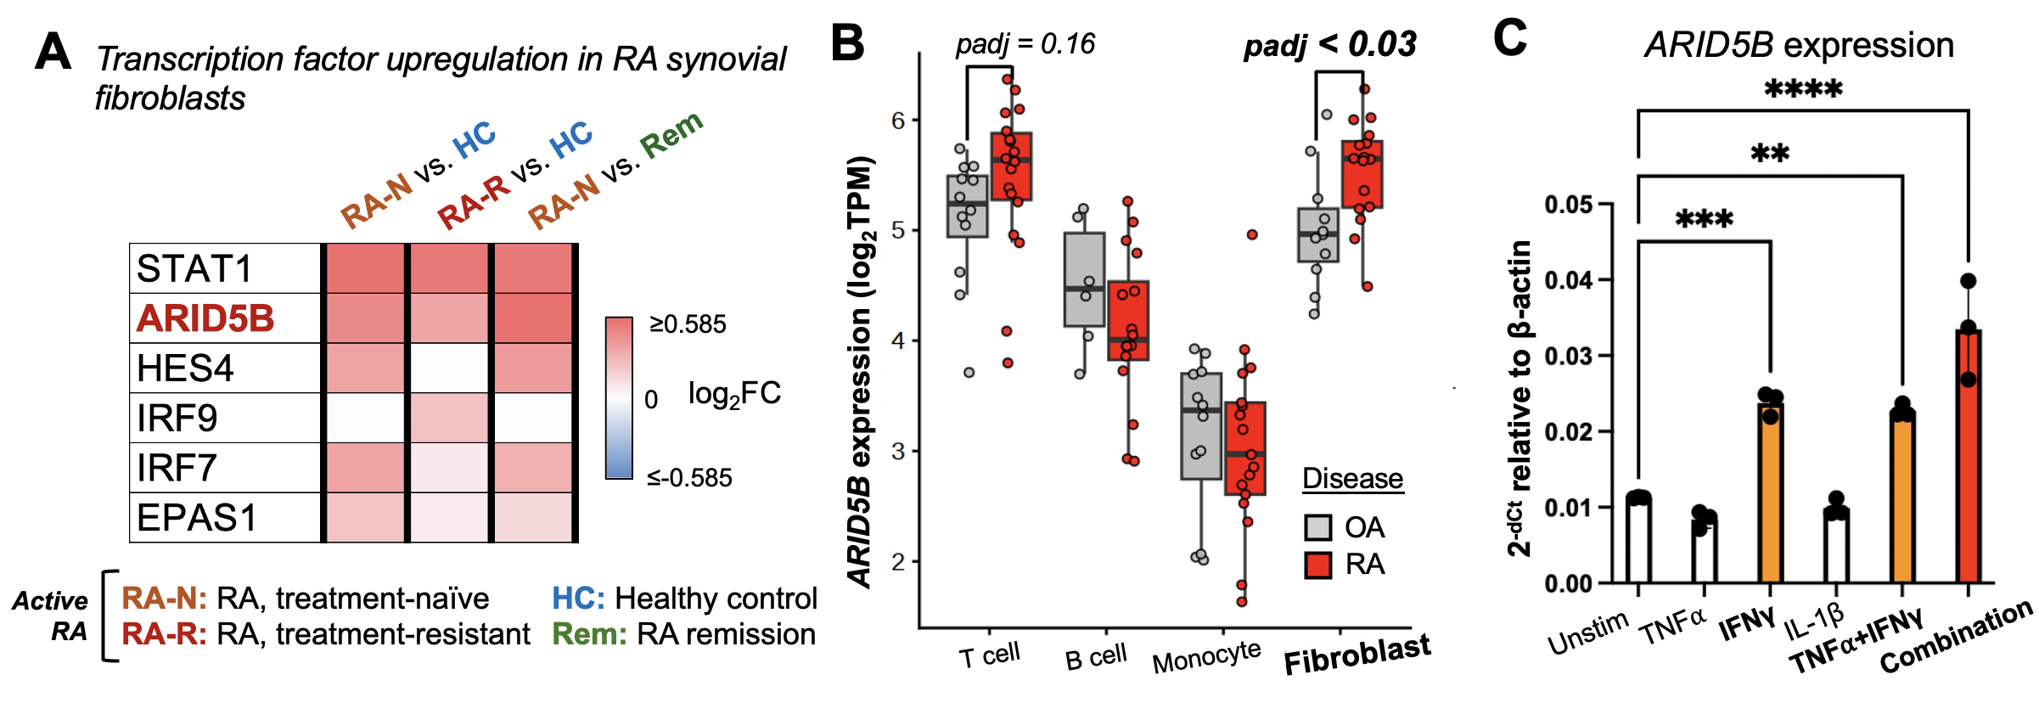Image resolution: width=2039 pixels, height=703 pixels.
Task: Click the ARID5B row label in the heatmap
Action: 205,318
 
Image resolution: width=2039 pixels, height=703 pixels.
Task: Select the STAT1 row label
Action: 194,269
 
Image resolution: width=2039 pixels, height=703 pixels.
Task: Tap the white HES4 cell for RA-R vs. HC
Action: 450,368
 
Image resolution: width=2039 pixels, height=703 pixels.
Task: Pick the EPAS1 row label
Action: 197,518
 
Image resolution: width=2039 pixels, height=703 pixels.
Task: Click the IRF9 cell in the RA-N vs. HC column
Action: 365,418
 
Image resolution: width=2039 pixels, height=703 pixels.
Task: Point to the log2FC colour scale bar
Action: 619,397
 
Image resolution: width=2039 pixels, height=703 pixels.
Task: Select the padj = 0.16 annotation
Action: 1025,44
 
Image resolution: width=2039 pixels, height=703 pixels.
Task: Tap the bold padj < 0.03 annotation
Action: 1329,45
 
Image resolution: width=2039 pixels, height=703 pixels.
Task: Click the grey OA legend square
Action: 1317,527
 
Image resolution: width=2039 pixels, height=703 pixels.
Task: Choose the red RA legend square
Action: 1317,565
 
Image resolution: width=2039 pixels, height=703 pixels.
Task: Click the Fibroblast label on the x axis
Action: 1357,655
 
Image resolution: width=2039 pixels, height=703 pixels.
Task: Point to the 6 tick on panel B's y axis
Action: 899,121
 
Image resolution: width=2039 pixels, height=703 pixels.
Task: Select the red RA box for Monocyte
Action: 1245,448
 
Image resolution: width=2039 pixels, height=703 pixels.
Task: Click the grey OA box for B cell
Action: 1084,279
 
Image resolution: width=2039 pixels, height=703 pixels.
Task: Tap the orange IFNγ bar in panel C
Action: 1770,492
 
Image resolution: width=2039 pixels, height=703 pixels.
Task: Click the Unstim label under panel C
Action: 1587,634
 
